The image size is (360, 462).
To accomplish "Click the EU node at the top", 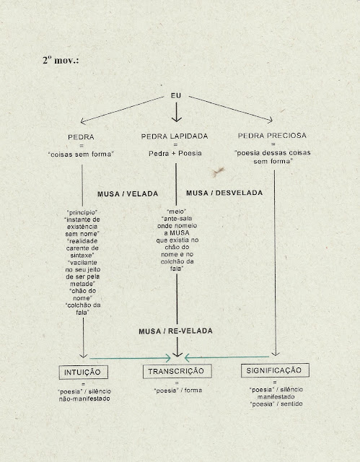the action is [176, 95].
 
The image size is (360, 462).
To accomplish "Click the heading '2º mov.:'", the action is [61, 60].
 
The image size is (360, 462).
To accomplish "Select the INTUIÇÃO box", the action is [83, 372].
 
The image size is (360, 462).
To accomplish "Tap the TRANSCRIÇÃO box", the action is [177, 371].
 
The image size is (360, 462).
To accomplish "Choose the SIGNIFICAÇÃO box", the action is [275, 370].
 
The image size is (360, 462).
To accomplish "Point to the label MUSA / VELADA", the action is [128, 194].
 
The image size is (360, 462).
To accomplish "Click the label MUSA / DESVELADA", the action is [224, 193].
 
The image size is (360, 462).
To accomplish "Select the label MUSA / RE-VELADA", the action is [176, 331].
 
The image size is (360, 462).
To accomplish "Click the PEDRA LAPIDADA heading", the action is [175, 136].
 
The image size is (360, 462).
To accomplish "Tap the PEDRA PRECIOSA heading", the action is [272, 136].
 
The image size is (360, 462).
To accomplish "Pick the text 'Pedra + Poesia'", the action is [175, 153].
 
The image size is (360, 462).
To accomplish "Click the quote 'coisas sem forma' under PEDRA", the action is [82, 154].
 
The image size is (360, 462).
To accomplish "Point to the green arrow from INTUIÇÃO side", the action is [130, 358].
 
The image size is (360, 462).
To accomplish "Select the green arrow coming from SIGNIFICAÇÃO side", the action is [227, 357].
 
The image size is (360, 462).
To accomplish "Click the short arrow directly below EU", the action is [176, 112].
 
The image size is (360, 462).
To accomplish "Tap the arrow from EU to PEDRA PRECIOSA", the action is [231, 108].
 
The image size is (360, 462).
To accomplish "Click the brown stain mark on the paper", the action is [218, 172].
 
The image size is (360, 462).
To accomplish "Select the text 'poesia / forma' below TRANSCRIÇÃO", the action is [178, 391].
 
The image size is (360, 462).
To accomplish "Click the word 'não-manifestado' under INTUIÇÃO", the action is [84, 398].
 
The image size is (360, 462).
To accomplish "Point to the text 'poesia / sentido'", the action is [276, 404].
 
